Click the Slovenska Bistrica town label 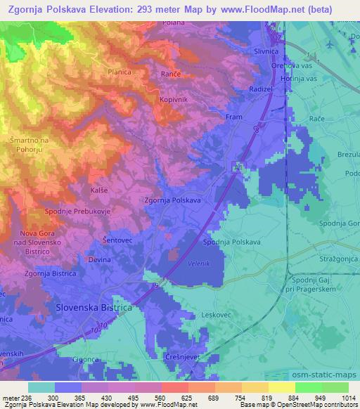[x=94, y=308]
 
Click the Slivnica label [x=268, y=52]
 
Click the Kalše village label [x=99, y=190]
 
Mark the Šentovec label [x=119, y=240]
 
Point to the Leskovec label [x=216, y=316]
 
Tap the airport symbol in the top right [x=331, y=43]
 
